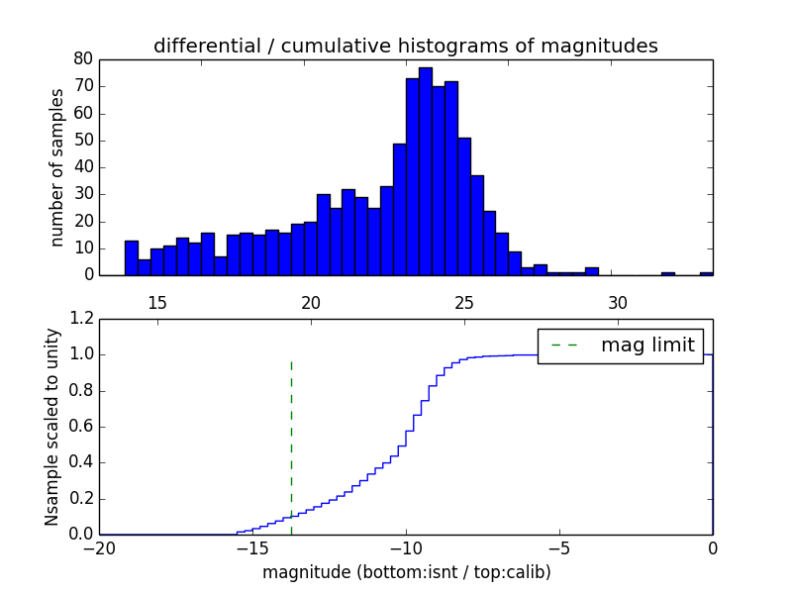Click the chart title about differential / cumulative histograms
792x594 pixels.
point(405,46)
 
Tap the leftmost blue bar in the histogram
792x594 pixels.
point(131,257)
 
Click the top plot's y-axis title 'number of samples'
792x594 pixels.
point(57,166)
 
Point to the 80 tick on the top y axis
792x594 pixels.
point(82,59)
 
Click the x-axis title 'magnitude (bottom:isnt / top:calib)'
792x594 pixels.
point(406,572)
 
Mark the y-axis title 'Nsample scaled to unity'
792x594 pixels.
point(52,427)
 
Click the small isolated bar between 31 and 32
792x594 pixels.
point(668,273)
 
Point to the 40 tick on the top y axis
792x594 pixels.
point(82,167)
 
